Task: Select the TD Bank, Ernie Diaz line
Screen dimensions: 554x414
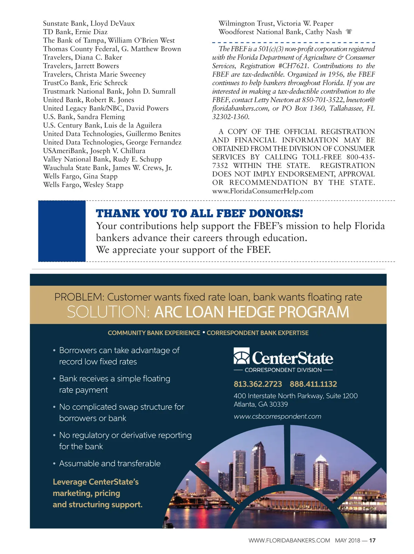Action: (75, 32)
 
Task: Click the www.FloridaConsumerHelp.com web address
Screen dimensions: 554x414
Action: (263, 191)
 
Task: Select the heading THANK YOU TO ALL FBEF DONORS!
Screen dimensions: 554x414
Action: (199, 214)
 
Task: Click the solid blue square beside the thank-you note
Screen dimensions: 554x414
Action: (62, 231)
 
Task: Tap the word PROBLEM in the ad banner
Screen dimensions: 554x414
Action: (79, 297)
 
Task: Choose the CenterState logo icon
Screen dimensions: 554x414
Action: (241, 356)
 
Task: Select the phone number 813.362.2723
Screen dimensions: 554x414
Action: (258, 384)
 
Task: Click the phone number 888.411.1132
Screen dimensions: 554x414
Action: (313, 384)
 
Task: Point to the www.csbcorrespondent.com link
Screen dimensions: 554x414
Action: (277, 416)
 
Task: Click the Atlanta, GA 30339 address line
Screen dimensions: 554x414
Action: (261, 404)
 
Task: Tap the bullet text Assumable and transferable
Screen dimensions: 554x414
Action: (110, 463)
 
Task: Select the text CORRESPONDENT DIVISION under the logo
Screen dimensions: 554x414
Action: (283, 370)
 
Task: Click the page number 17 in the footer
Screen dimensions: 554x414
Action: (372, 541)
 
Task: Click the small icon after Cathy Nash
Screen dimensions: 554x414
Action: (349, 32)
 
